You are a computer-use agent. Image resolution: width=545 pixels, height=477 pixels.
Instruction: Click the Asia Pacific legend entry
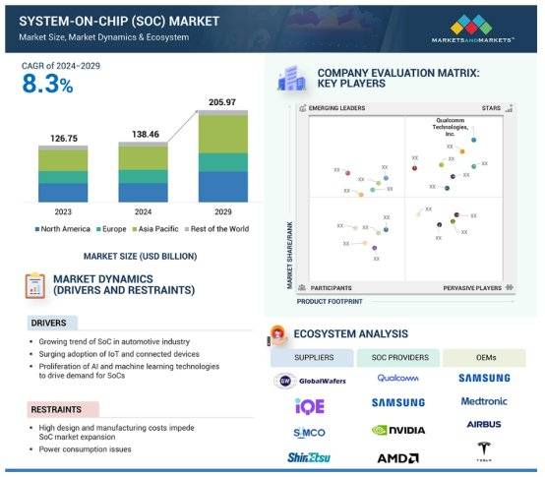tap(149, 229)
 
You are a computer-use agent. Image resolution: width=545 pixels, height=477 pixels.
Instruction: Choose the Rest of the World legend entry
tap(216, 229)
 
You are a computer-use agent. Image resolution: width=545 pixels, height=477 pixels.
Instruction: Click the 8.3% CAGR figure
tap(48, 86)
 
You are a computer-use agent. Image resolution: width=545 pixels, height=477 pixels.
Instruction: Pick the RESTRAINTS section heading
tap(56, 408)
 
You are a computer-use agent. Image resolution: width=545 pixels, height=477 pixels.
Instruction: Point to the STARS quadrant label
tap(489, 107)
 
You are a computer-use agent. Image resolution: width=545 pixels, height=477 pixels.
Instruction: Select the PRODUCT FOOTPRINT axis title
tap(329, 300)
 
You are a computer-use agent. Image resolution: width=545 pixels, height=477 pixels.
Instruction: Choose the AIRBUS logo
tap(483, 425)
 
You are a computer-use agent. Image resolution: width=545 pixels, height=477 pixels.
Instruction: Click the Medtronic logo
tap(483, 401)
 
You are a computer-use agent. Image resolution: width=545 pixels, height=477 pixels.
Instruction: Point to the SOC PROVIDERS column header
tap(397, 357)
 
